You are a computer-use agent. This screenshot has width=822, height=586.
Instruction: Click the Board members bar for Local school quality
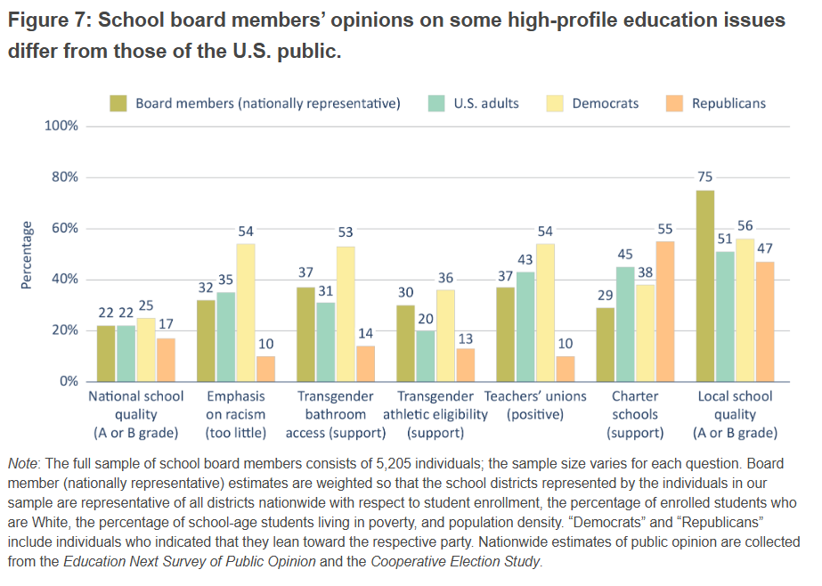pos(705,286)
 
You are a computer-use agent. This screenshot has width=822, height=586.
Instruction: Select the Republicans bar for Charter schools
pos(663,311)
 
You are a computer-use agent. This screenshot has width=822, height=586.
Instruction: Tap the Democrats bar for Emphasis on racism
pos(246,313)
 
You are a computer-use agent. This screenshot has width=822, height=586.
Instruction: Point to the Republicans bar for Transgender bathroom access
pos(365,363)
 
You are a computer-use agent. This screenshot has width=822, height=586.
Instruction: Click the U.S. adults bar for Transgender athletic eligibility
pos(425,356)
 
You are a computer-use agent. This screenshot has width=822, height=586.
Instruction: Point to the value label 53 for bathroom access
pos(346,232)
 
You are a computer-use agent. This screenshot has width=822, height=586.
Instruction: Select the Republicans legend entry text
pos(728,103)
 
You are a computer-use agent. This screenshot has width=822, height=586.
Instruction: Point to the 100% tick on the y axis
pos(61,126)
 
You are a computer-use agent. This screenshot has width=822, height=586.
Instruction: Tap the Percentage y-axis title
pos(28,255)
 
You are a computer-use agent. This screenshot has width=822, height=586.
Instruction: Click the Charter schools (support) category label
pos(635,415)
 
